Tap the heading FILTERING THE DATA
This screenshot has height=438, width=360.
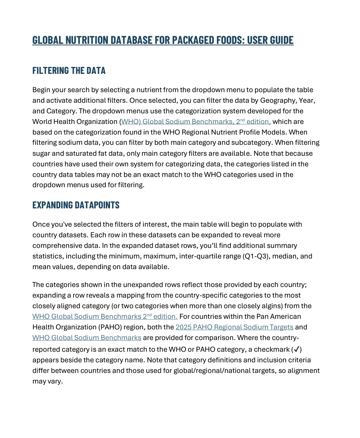(69, 70)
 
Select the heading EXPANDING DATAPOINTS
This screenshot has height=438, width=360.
(76, 205)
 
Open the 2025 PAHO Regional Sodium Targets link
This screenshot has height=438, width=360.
(234, 327)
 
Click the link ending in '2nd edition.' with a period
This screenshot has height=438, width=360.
(105, 316)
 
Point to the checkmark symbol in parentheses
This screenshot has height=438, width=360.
(297, 349)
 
